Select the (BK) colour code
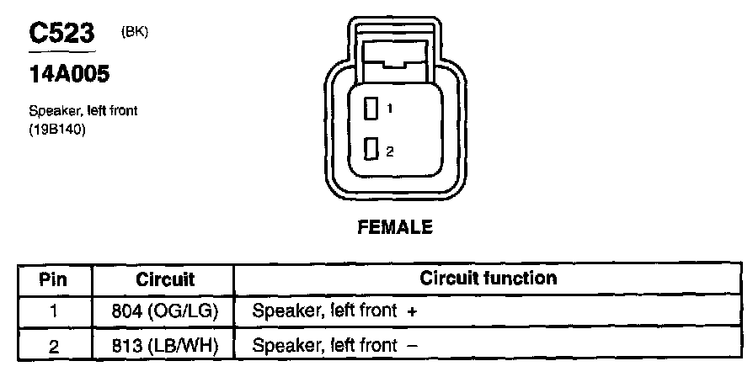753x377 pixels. pos(135,32)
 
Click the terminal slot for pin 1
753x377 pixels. pos(370,108)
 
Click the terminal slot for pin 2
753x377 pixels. pos(370,151)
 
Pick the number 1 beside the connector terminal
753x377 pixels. pos(390,109)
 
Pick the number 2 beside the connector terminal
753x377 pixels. pos(390,151)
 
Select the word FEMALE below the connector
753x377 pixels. pos(395,226)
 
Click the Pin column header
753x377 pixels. pos(53,279)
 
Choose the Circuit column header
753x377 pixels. pos(165,279)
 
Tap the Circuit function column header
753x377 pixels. pos(489,278)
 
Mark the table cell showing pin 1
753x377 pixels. pos(53,311)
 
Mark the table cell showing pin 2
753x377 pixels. pos(53,344)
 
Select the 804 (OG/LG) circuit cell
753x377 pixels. pos(165,311)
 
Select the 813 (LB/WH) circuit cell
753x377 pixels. pos(165,344)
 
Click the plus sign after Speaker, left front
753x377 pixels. pos(412,311)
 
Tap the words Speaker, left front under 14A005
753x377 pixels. pos(83,110)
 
